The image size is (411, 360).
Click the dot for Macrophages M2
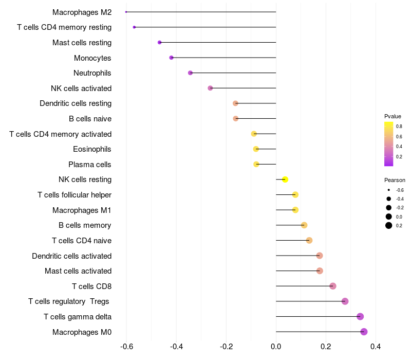point(126,12)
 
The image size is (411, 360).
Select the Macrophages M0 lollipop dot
point(364,332)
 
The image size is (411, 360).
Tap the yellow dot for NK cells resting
point(285,179)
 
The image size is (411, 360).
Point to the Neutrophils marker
point(190,73)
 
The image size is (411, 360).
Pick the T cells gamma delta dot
point(360,317)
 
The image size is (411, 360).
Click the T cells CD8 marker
point(333,286)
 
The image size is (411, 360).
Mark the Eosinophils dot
point(256,149)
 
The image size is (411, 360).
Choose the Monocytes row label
point(92,58)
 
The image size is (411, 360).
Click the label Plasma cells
point(90,165)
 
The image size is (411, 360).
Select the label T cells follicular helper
point(74,195)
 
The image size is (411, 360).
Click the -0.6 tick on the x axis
point(126,347)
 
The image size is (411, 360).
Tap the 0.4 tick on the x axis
point(376,347)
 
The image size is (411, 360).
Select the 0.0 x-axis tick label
point(276,347)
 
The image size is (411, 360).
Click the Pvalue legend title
point(393,116)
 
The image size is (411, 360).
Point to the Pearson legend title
point(395,181)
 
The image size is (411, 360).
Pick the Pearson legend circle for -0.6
point(389,190)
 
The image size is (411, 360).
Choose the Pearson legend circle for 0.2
point(389,225)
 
